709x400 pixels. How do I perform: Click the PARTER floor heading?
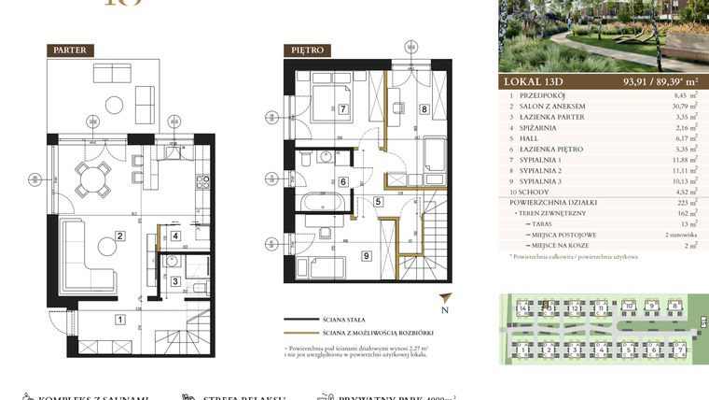point(70,50)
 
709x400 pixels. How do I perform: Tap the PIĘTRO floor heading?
point(309,50)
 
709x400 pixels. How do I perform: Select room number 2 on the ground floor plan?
point(119,236)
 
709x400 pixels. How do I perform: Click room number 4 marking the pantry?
point(174,236)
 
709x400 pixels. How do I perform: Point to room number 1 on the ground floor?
point(118,320)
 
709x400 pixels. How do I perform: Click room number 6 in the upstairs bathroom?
point(343,182)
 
